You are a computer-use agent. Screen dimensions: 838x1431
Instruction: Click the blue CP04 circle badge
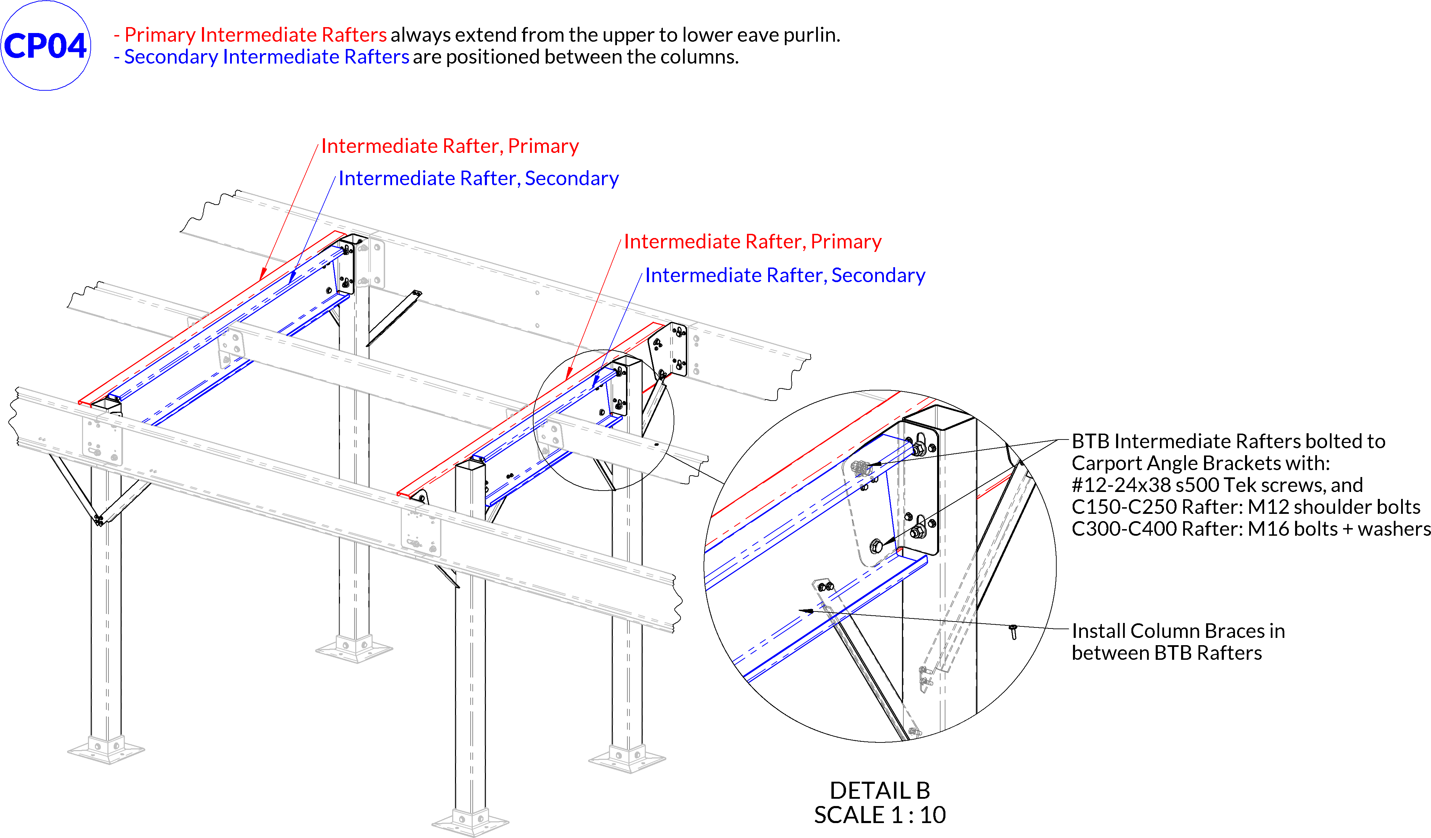(x=46, y=46)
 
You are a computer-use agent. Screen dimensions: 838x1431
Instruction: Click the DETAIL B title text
(x=880, y=790)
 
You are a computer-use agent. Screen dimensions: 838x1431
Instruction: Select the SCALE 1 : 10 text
(x=880, y=815)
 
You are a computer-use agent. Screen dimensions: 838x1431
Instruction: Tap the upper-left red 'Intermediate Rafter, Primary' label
(x=450, y=146)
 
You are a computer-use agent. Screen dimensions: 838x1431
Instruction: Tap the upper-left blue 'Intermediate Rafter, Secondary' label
(x=478, y=178)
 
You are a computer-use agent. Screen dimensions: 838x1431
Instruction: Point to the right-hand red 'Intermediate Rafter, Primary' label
(x=753, y=241)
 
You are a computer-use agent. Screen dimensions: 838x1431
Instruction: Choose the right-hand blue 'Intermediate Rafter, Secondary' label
(x=785, y=276)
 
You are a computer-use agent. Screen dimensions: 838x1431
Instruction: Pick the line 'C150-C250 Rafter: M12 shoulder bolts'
(x=1245, y=507)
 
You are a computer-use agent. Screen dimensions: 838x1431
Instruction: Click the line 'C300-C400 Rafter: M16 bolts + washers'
(x=1249, y=528)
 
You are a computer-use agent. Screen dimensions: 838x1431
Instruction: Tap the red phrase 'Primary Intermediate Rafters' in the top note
(x=255, y=35)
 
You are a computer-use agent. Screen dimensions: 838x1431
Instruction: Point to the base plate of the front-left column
(x=106, y=750)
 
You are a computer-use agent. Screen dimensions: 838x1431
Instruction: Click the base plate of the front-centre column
(x=470, y=822)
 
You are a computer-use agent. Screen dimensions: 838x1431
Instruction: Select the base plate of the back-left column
(x=354, y=649)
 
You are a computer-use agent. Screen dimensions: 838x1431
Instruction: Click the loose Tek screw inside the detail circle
(x=1013, y=631)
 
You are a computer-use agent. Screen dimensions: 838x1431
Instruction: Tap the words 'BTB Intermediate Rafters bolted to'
(x=1228, y=441)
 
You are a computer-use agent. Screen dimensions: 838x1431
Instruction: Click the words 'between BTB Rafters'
(x=1166, y=653)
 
